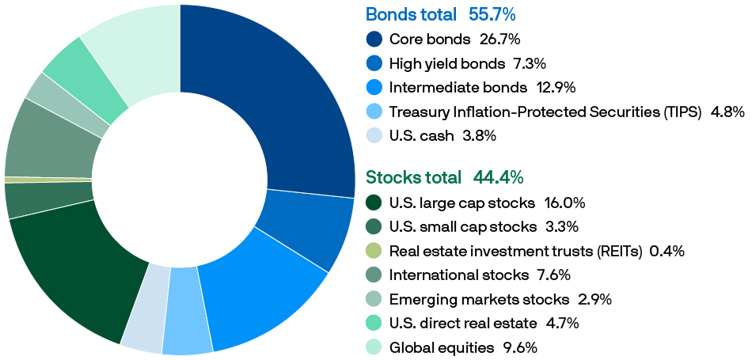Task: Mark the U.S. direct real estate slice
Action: coord(87,79)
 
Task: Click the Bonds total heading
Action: coord(411,15)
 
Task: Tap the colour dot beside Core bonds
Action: coord(374,40)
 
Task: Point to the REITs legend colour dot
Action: coord(374,252)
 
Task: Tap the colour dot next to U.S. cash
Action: coord(374,135)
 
